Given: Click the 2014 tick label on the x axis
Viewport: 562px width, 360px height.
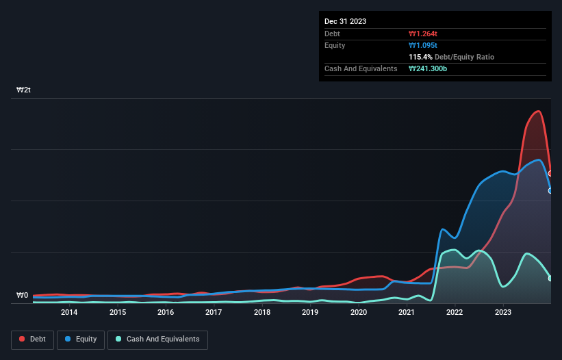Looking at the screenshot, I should (68, 313).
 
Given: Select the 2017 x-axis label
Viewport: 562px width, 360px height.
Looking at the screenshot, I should (214, 313).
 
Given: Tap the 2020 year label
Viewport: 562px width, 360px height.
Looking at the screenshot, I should (358, 313).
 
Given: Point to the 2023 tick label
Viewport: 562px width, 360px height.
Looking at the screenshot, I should (503, 313).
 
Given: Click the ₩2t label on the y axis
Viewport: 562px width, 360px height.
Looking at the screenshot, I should (23, 90).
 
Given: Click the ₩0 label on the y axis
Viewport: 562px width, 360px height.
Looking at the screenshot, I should (22, 296).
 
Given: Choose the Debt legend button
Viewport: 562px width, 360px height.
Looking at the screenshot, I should (31, 339).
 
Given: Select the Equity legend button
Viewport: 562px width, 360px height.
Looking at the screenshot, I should (81, 339).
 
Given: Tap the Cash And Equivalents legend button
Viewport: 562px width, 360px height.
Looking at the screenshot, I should (157, 339).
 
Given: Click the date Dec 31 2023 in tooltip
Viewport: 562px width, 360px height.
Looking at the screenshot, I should (345, 21).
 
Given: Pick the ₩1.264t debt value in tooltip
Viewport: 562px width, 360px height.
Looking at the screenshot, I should (422, 34).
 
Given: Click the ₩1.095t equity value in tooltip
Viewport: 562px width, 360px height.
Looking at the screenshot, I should (422, 45).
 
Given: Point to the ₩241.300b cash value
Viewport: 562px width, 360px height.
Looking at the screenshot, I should (428, 69).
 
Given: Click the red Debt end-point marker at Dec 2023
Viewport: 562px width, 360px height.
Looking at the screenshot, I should (550, 174).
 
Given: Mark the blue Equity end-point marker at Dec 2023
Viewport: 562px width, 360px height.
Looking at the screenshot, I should (550, 191).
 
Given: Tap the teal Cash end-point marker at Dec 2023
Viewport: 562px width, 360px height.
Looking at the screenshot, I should (550, 279).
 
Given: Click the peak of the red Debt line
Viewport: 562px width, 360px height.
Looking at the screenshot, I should (539, 111).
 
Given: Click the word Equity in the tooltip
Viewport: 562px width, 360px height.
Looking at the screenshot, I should (335, 45).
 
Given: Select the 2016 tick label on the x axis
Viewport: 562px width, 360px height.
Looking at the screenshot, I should (165, 313).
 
